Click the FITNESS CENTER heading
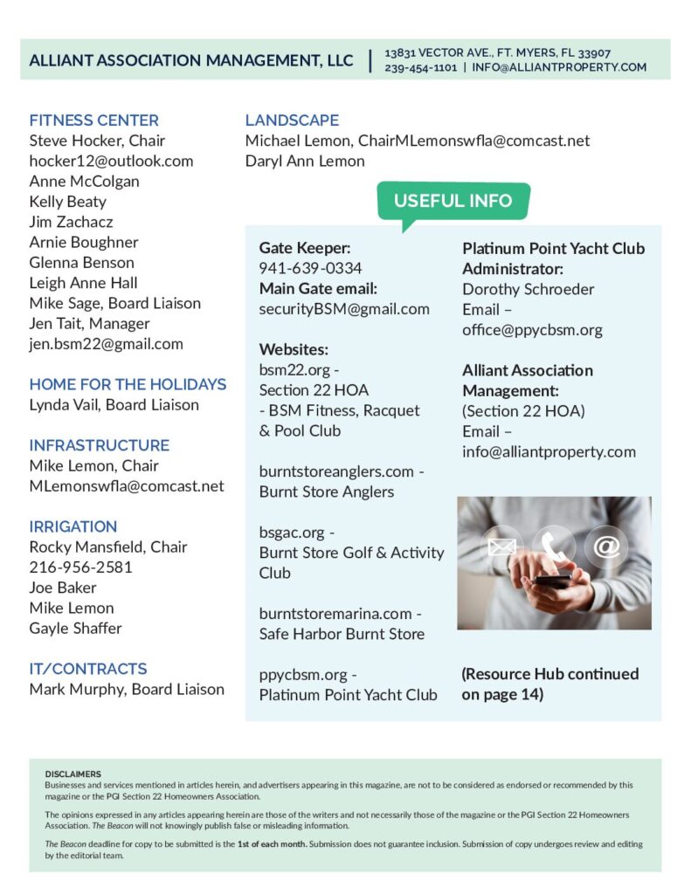[x=94, y=120]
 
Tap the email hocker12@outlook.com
[x=111, y=161]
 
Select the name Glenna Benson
[x=82, y=263]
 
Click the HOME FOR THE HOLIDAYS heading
[x=128, y=384]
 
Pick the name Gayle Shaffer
[x=76, y=629]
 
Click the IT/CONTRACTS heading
[x=88, y=669]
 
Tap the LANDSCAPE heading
[x=292, y=120]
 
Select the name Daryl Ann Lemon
[x=305, y=161]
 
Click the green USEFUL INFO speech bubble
[x=453, y=201]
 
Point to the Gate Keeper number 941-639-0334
[x=310, y=268]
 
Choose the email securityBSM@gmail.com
[x=344, y=309]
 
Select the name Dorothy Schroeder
[x=528, y=289]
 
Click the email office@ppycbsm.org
[x=532, y=330]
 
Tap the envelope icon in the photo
[x=501, y=547]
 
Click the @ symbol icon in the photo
[x=606, y=546]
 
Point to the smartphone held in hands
[x=554, y=580]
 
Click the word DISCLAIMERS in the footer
[x=73, y=774]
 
